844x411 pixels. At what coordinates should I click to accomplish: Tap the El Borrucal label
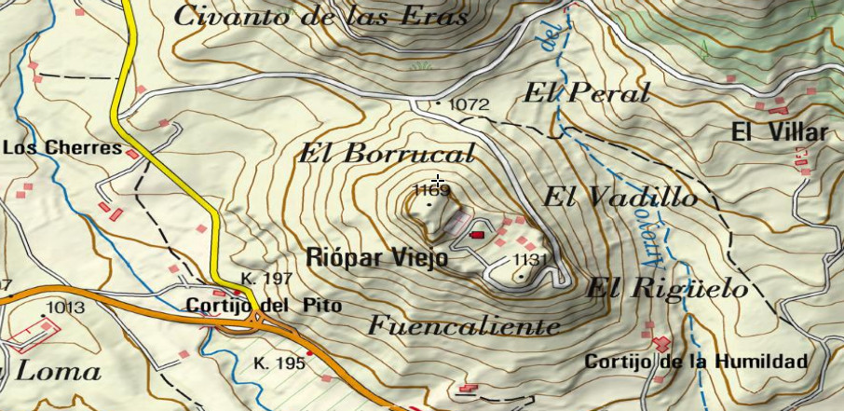click(386, 154)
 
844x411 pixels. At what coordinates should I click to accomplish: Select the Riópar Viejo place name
click(377, 258)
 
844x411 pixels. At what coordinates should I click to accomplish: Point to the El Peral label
click(586, 93)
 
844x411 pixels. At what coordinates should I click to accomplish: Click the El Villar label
click(779, 132)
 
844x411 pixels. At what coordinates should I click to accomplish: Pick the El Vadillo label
click(619, 198)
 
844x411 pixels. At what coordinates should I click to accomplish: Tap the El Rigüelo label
click(666, 290)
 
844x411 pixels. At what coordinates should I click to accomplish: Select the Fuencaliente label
click(465, 326)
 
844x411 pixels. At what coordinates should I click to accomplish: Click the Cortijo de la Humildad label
click(695, 361)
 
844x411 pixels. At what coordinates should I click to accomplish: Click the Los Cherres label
click(63, 147)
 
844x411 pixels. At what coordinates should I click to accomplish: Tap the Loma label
click(59, 372)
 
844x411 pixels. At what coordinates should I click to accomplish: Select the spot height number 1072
click(469, 104)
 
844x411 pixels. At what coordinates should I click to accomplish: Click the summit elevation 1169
click(431, 191)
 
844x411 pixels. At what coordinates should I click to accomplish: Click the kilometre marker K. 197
click(266, 279)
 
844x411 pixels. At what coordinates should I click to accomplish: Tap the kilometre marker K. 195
click(279, 363)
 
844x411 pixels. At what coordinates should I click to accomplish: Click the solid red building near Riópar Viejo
click(478, 235)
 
